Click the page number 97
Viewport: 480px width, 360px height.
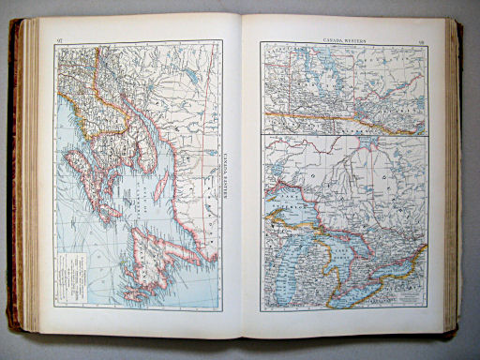[59, 39]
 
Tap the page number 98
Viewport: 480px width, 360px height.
[423, 40]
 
